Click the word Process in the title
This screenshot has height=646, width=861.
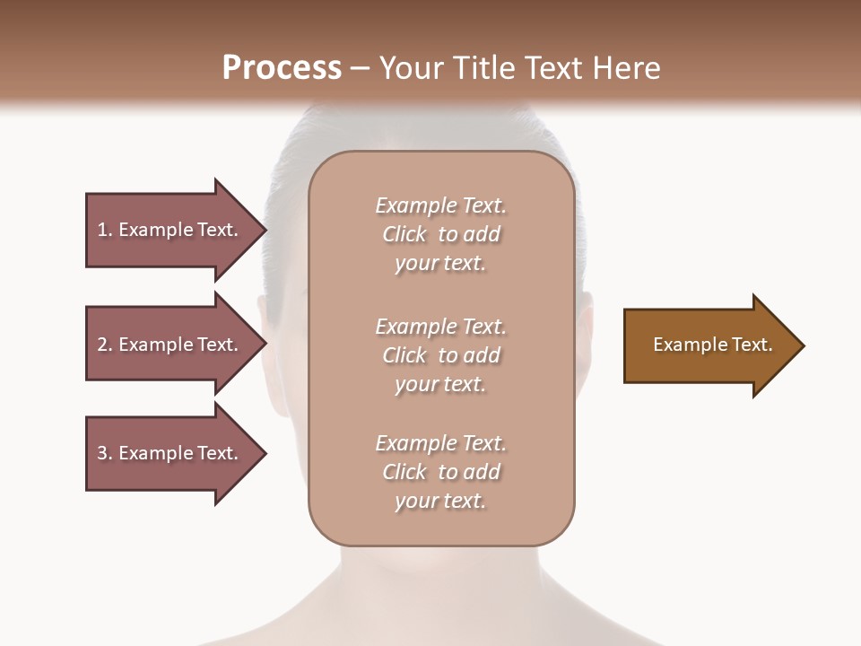pyautogui.click(x=282, y=68)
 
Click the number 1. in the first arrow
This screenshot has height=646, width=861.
pyautogui.click(x=105, y=230)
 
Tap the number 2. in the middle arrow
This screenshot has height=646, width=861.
pyautogui.click(x=105, y=345)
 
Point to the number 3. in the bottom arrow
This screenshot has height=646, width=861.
pyautogui.click(x=105, y=453)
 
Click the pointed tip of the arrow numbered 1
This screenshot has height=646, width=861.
pyautogui.click(x=263, y=230)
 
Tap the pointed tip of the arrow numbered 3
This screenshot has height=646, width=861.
pyautogui.click(x=263, y=453)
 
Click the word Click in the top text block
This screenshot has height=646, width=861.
pyautogui.click(x=404, y=234)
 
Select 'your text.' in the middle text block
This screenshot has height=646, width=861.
pyautogui.click(x=440, y=384)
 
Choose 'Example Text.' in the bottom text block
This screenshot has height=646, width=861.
pyautogui.click(x=440, y=443)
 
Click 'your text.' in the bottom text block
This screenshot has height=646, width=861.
pyautogui.click(x=440, y=501)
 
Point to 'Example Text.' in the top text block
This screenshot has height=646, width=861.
pyautogui.click(x=440, y=205)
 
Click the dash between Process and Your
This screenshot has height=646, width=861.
pyautogui.click(x=361, y=69)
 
